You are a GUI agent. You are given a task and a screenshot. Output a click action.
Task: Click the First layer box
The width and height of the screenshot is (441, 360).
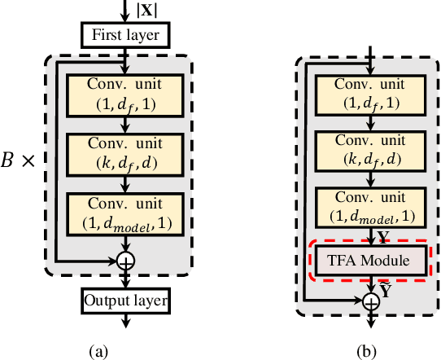click(124, 34)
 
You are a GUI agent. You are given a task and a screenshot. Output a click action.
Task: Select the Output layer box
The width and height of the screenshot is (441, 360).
click(124, 301)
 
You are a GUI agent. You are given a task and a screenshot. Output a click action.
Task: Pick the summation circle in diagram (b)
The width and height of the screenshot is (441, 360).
click(371, 301)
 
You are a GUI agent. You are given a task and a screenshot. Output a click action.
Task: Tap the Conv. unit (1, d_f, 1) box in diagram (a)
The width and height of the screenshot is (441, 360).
click(124, 93)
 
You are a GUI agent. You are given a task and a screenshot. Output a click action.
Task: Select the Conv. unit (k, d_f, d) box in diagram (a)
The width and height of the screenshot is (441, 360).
click(124, 151)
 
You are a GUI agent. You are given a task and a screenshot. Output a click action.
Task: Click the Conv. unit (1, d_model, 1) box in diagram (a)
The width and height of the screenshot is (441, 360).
click(124, 211)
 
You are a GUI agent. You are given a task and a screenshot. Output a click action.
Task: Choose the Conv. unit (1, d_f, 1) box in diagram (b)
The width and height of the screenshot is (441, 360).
click(371, 93)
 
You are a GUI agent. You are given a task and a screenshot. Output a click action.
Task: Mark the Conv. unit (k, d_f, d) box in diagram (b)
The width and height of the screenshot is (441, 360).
click(371, 151)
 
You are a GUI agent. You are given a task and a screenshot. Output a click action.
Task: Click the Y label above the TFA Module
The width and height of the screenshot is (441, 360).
click(385, 235)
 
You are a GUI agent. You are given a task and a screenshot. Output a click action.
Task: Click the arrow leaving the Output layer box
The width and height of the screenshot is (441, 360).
click(125, 321)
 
